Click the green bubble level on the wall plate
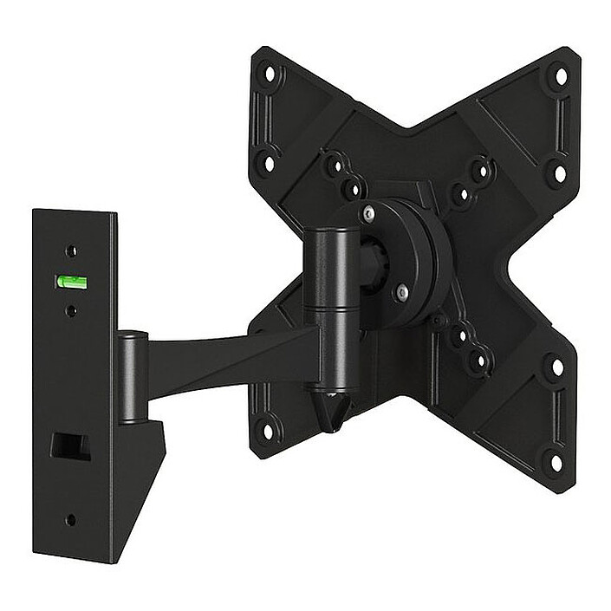pyautogui.click(x=69, y=280)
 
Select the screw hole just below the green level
pyautogui.click(x=71, y=308)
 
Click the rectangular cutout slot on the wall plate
pyautogui.click(x=70, y=445)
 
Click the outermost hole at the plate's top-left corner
pyautogui.click(x=272, y=75)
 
